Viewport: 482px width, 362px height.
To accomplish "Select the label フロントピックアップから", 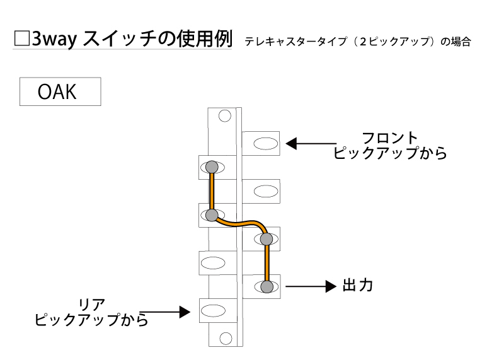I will pos(390,146).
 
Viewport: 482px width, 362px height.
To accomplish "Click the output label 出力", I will pos(357,286).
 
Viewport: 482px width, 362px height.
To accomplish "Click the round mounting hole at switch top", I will pos(224,116).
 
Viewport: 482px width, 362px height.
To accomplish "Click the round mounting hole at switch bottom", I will pos(224,337).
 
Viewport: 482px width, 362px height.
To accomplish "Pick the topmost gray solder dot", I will pos(212,167).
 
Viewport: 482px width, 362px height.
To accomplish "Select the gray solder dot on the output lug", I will pos(267,287).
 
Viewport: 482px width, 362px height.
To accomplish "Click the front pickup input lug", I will pos(261,143).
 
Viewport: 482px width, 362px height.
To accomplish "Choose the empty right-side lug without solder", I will pos(261,191).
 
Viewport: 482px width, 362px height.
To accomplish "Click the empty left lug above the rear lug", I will pos(212,262).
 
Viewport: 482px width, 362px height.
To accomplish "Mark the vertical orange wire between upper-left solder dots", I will pos(212,191).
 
